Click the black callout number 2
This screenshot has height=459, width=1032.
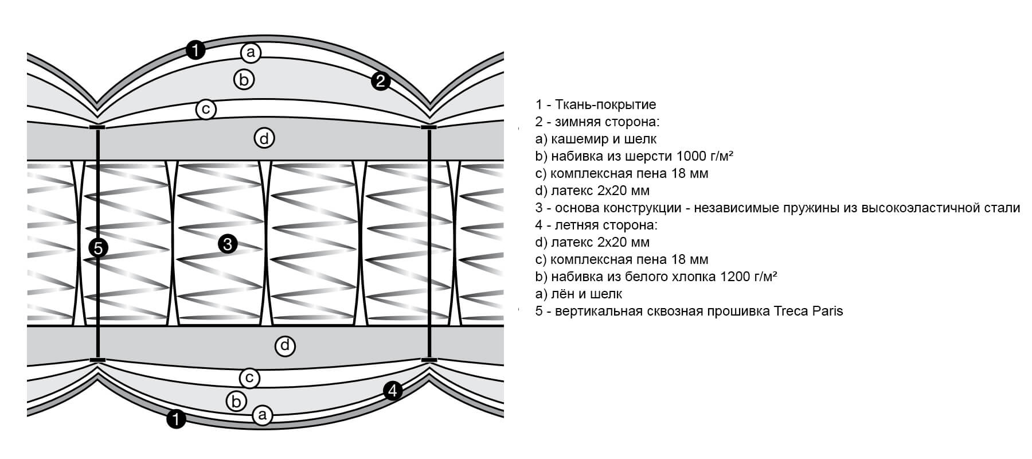(x=380, y=81)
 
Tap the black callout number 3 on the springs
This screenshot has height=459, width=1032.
(x=228, y=245)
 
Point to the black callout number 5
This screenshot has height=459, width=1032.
(x=99, y=248)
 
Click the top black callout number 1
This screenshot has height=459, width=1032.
(x=196, y=50)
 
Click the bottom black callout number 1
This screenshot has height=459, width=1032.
(x=177, y=419)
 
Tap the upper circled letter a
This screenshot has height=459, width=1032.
(x=251, y=53)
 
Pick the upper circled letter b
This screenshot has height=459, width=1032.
(x=244, y=80)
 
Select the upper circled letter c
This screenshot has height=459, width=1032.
(x=205, y=109)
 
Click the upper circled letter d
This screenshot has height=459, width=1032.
(x=264, y=138)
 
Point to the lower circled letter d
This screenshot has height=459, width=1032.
(x=285, y=346)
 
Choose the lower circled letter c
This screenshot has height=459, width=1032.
(x=249, y=378)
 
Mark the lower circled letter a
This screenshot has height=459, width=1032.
(x=262, y=414)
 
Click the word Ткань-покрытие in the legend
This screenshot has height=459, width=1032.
(x=605, y=104)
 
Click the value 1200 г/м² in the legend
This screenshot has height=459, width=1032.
(x=748, y=277)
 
